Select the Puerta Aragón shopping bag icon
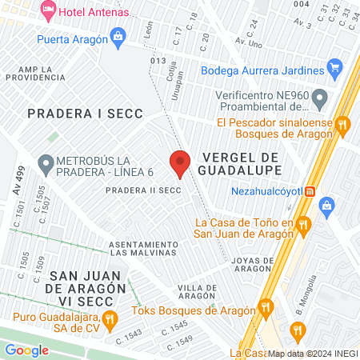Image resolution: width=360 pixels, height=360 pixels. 118,35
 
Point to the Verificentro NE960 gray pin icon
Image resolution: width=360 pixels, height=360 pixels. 320,99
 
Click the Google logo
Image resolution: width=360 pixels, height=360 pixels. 26,350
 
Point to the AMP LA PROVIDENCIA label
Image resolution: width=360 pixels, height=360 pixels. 36,73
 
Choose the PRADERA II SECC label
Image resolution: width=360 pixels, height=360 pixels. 139,190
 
